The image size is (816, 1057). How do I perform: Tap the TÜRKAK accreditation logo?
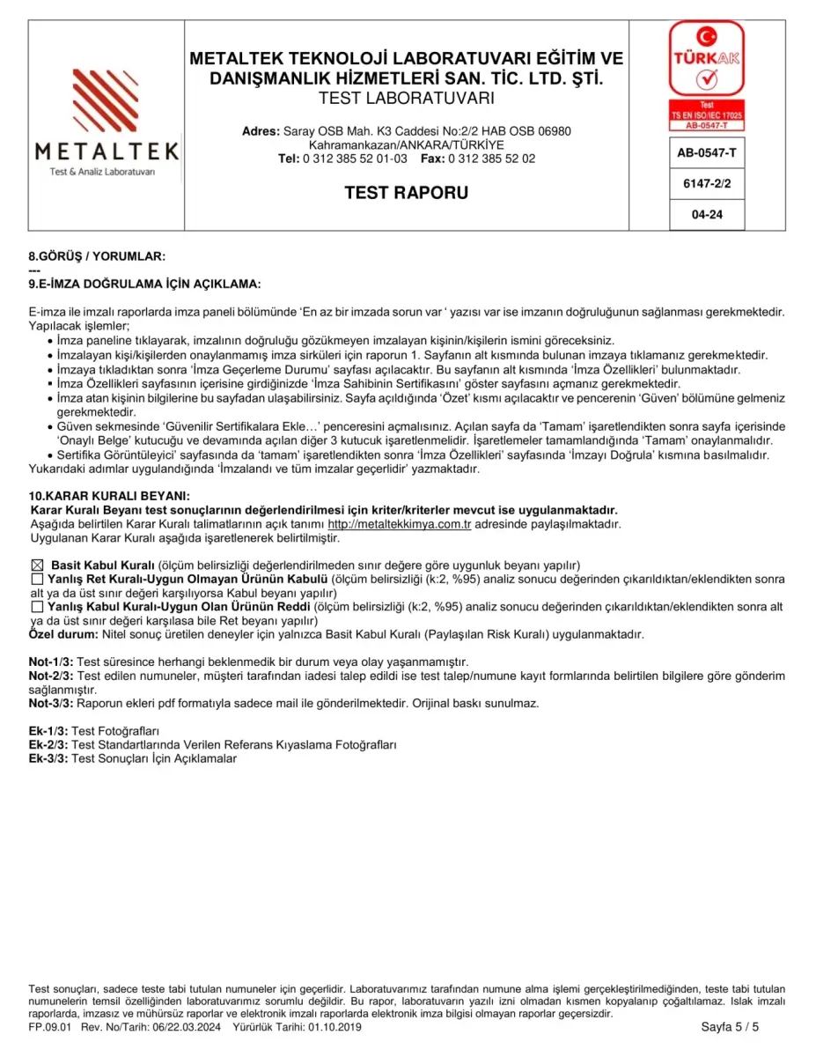[706, 75]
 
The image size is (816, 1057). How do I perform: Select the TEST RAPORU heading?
[406, 192]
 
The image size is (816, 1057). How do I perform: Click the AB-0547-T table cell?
[707, 152]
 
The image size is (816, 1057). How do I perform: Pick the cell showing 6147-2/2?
[707, 183]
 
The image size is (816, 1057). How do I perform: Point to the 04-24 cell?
[707, 214]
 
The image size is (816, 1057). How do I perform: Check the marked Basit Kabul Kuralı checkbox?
[37, 565]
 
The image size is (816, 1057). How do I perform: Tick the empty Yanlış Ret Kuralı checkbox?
[37, 580]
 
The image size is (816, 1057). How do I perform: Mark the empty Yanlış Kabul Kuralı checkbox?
[37, 607]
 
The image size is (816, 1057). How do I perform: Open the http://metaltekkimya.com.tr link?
[400, 524]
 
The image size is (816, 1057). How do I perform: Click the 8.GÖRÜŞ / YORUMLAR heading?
[97, 256]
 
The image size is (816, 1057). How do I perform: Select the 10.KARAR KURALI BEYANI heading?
[109, 497]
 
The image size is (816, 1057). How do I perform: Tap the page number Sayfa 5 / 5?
[730, 1027]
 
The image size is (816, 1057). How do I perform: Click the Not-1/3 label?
[51, 662]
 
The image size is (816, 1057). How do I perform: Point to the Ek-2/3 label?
[48, 744]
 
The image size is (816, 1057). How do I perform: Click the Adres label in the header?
[261, 131]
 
